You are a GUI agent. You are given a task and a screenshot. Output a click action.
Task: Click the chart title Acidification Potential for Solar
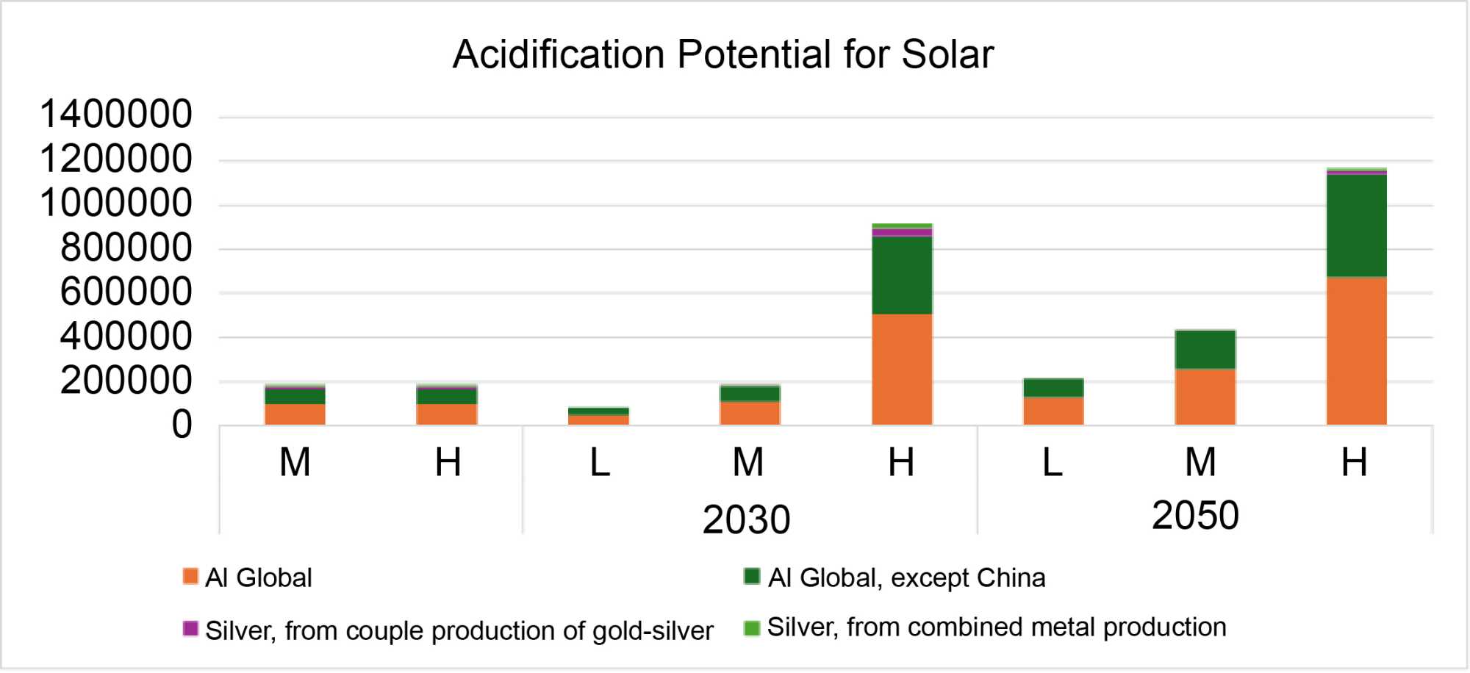click(723, 54)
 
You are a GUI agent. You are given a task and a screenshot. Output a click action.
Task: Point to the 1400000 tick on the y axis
click(116, 115)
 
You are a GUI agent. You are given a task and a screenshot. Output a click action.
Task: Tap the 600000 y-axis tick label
click(126, 292)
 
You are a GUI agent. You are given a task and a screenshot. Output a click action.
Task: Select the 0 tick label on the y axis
click(182, 425)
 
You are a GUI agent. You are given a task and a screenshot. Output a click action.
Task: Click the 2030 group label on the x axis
click(746, 519)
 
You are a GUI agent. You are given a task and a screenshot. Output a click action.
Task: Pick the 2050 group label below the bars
click(1195, 515)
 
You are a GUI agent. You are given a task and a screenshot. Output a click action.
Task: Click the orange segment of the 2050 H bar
click(1356, 351)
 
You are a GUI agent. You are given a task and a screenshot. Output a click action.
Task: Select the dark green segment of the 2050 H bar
click(1356, 226)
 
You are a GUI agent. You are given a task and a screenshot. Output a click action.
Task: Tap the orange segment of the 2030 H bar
click(902, 370)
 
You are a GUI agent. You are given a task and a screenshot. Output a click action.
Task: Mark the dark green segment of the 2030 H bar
click(902, 276)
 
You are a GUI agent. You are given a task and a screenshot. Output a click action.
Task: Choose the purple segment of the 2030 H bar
click(902, 233)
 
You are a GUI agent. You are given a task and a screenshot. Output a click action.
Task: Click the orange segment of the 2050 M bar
click(1205, 397)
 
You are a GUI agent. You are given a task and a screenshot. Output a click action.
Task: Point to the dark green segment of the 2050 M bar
click(1205, 350)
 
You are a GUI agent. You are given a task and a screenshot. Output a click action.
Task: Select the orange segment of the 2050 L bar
click(1053, 411)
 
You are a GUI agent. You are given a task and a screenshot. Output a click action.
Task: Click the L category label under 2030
click(600, 463)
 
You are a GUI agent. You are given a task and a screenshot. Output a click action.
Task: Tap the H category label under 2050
click(1354, 463)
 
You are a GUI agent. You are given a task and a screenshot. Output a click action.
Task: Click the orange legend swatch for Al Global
click(190, 576)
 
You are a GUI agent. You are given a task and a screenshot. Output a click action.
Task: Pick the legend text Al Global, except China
click(906, 578)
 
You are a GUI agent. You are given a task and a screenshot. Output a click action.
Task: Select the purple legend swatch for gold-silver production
click(190, 629)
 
